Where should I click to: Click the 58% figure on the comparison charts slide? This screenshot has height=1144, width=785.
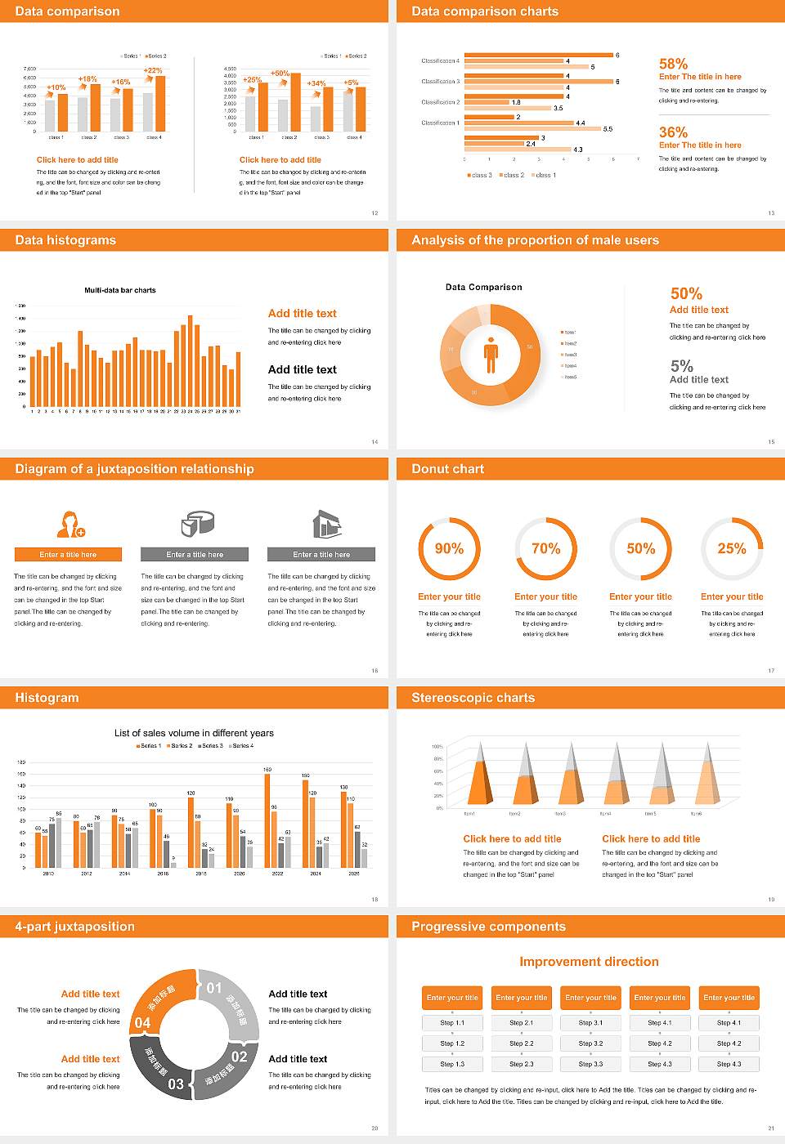673,64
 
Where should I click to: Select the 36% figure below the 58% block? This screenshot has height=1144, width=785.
673,132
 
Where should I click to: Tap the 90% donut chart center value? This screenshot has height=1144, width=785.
449,548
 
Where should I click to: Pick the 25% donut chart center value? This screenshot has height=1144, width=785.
731,548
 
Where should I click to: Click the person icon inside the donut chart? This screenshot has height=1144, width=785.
491,354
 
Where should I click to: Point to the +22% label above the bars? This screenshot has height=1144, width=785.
153,70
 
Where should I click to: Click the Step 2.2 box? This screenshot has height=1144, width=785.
522,1043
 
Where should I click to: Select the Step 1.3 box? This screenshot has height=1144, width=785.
452,1064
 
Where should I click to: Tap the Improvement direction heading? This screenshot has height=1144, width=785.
589,962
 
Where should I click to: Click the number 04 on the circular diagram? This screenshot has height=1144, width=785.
142,1022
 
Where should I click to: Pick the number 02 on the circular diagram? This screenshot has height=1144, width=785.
239,1056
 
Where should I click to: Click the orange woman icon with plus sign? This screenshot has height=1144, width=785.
71,524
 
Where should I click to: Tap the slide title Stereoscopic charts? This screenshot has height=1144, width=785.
473,698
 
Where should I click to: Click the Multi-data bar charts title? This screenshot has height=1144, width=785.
120,290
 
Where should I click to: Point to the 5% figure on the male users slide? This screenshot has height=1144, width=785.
681,365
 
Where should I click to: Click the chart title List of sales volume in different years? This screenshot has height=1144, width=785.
194,733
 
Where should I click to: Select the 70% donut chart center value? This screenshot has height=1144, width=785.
545,548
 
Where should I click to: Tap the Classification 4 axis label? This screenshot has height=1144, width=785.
440,61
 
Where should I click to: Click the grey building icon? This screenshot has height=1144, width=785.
326,524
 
